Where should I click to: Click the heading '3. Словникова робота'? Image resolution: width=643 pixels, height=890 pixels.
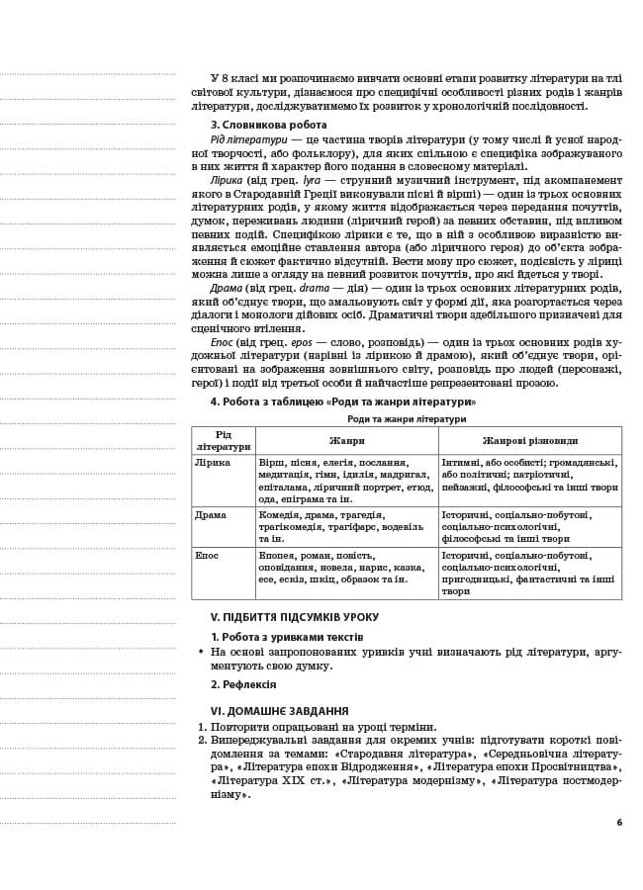point(268,125)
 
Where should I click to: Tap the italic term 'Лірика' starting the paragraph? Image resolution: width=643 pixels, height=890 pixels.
point(226,181)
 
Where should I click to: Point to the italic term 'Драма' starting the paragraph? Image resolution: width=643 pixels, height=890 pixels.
point(227,288)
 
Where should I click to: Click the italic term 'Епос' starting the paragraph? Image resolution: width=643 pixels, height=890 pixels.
point(224,341)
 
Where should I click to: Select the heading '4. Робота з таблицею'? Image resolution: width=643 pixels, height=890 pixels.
point(342,401)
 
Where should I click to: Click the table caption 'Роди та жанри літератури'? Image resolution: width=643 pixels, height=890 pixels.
point(406,419)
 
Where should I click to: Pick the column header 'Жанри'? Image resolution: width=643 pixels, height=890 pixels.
point(346,440)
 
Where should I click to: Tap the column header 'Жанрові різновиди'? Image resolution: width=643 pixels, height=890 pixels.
point(529,440)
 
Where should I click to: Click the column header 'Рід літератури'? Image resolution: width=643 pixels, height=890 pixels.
point(223,440)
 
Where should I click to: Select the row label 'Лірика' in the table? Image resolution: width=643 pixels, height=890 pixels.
point(213,462)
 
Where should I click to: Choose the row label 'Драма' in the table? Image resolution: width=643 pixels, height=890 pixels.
point(211,514)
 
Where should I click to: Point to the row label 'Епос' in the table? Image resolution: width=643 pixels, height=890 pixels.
point(208,556)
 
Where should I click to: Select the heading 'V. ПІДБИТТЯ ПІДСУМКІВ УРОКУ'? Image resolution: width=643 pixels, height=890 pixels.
point(294,617)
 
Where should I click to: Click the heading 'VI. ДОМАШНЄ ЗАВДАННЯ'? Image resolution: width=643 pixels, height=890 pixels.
point(279,710)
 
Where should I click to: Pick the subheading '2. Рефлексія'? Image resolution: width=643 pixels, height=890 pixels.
point(243,684)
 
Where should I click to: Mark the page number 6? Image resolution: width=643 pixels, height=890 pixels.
point(619,822)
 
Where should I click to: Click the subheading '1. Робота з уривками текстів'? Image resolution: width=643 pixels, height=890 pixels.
point(286,637)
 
